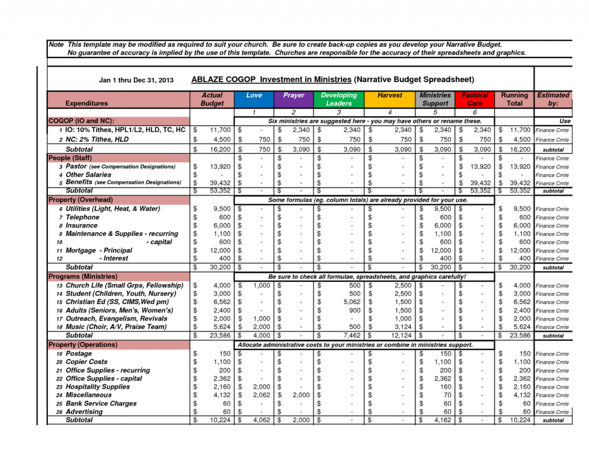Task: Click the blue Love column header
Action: (254, 95)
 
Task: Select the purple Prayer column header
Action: (294, 95)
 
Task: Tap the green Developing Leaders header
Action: (339, 99)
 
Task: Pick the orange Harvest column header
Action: (390, 95)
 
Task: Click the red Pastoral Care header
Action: (475, 99)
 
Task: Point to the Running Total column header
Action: (514, 99)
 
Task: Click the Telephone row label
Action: (83, 217)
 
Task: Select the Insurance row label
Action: (82, 226)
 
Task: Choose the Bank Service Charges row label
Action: (101, 403)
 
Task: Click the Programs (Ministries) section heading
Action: (83, 277)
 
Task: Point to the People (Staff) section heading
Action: (70, 158)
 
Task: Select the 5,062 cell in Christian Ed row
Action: (352, 302)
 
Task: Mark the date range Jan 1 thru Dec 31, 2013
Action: (136, 80)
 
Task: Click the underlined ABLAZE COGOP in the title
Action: (224, 80)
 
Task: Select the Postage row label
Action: (78, 354)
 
